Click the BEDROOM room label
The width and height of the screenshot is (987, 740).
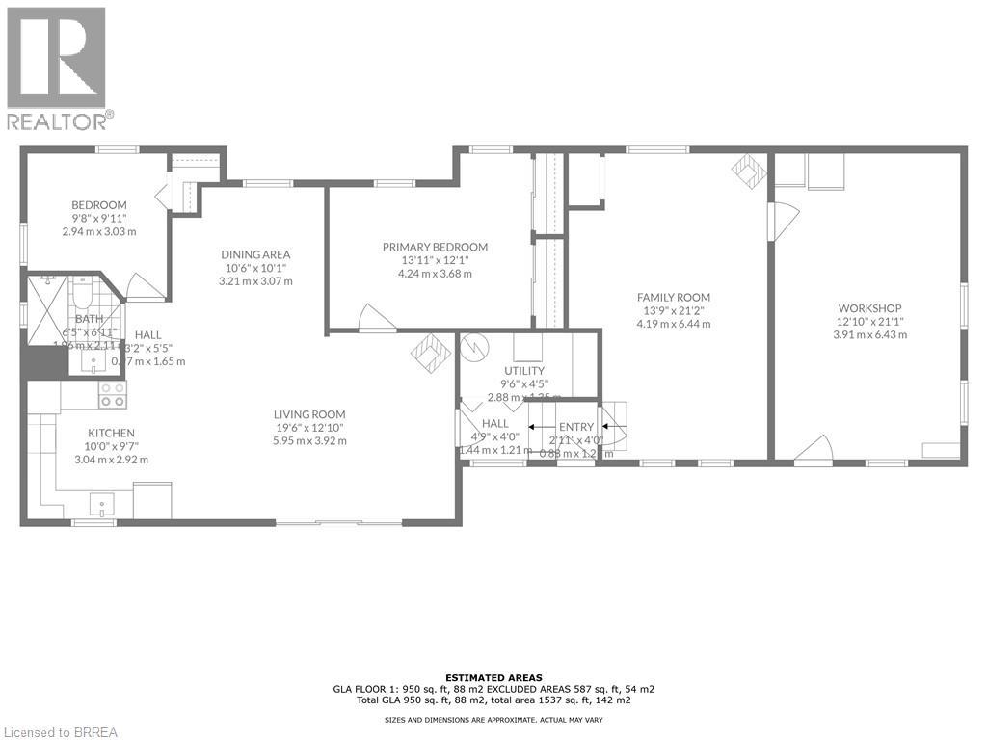point(98,205)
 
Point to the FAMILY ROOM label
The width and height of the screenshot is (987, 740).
point(673,297)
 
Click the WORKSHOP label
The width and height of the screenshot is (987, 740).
point(869,308)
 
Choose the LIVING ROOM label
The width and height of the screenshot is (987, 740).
point(308,414)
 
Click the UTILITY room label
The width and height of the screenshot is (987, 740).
point(524,371)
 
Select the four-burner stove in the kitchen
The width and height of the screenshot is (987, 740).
point(113,393)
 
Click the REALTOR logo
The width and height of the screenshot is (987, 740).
point(57,67)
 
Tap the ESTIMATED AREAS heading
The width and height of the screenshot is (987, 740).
point(493,677)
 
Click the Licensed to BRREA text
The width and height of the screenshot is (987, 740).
point(60,732)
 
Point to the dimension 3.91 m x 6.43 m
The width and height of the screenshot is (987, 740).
point(869,334)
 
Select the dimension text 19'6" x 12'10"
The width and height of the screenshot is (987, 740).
point(308,427)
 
